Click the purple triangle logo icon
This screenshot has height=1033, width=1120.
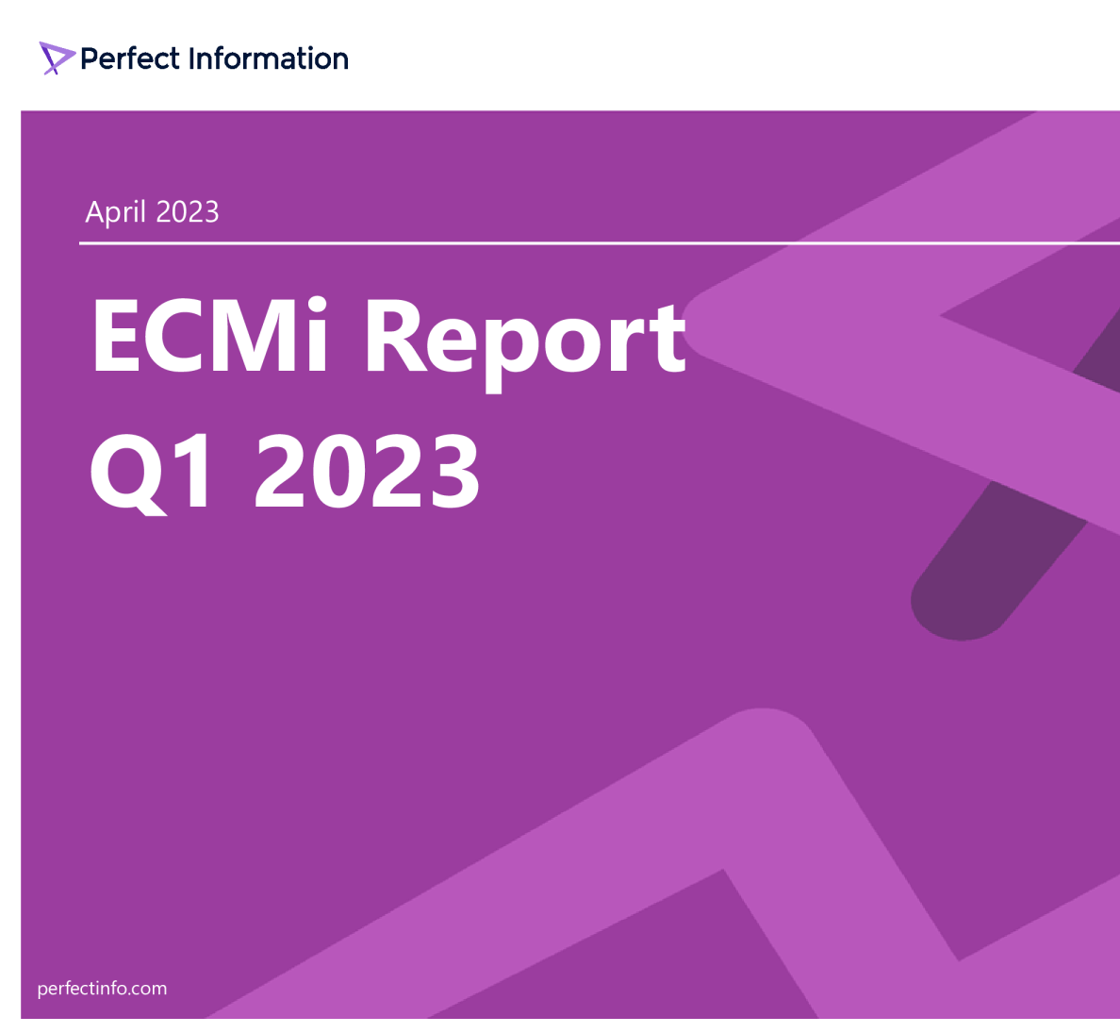pyautogui.click(x=56, y=58)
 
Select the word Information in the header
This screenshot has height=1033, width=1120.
pyautogui.click(x=269, y=58)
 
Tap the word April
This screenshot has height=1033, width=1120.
pyautogui.click(x=115, y=212)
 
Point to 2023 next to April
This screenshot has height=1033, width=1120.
pyautogui.click(x=187, y=211)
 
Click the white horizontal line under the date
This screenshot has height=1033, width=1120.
pyautogui.click(x=566, y=243)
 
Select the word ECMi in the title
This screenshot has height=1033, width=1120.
pyautogui.click(x=209, y=337)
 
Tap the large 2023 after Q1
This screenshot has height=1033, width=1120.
pyautogui.click(x=368, y=471)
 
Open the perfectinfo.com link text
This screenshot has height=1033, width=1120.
pyautogui.click(x=102, y=989)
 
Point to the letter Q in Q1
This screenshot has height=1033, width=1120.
pyautogui.click(x=128, y=473)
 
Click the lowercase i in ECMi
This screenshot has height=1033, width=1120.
pyautogui.click(x=318, y=335)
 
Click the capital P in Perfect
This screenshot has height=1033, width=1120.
pyautogui.click(x=91, y=58)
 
